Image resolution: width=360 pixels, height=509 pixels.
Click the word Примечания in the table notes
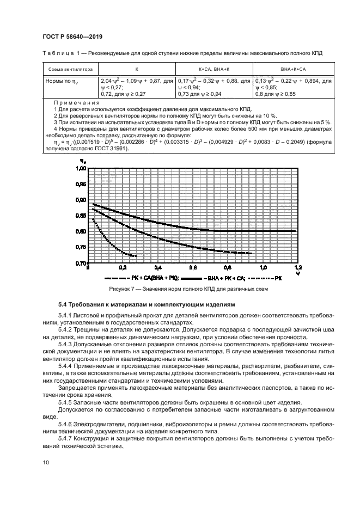(x=76, y=102)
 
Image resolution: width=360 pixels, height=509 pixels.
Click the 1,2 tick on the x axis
(x=297, y=268)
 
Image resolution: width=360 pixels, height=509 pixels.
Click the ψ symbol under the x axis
(x=297, y=274)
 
